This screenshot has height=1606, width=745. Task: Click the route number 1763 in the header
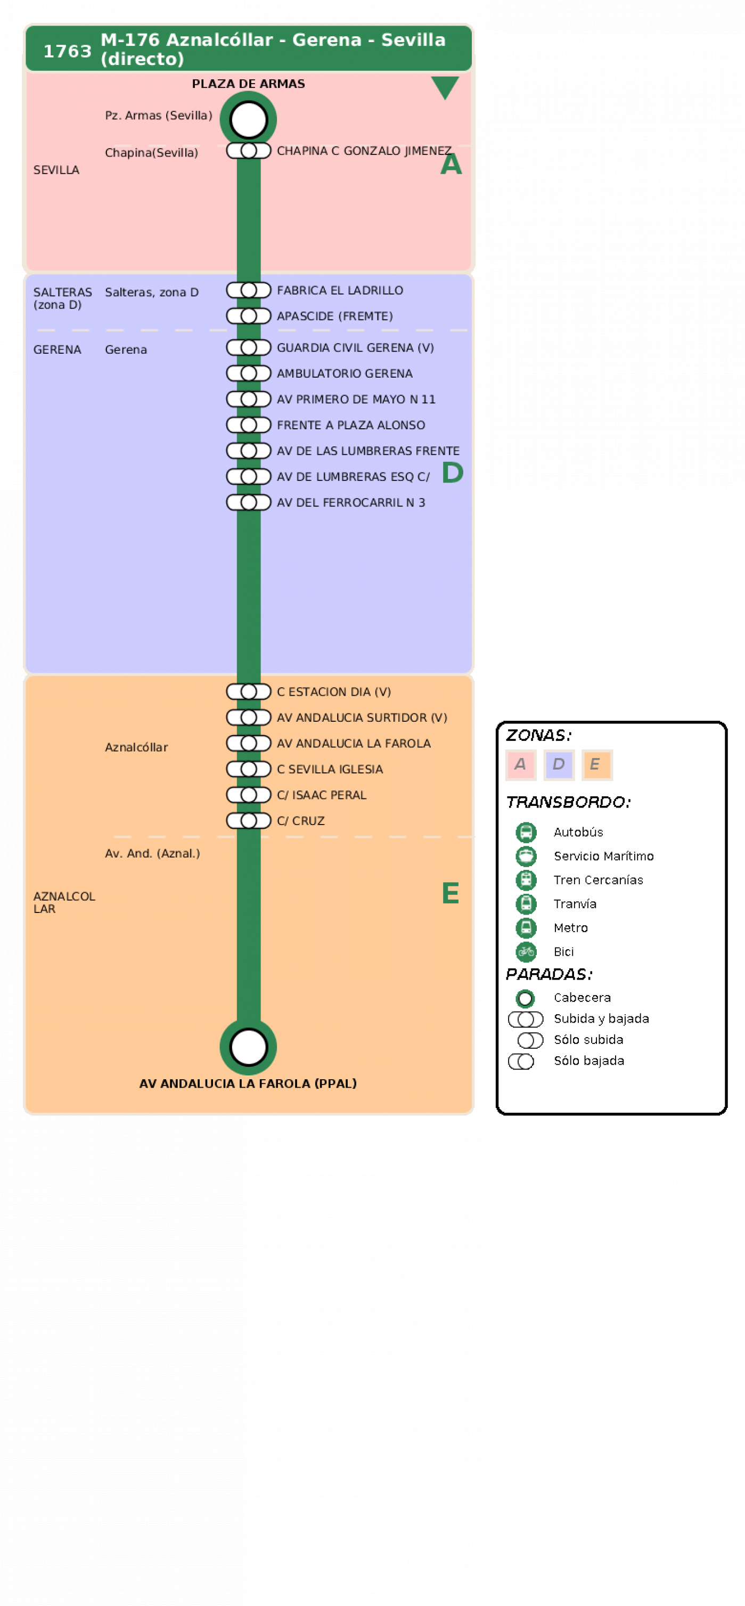[x=67, y=51]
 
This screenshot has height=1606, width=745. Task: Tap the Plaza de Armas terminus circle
[x=248, y=120]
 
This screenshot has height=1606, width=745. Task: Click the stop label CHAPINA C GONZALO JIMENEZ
[x=364, y=151]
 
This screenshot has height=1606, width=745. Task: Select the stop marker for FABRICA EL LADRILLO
[x=248, y=290]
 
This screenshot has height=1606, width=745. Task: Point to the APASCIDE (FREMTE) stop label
[x=335, y=316]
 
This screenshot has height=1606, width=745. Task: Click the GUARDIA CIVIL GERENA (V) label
[x=355, y=348]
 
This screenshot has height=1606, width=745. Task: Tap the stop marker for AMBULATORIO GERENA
[x=248, y=373]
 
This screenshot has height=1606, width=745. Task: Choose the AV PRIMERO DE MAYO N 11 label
[x=356, y=400]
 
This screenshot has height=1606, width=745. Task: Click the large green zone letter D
[x=453, y=472]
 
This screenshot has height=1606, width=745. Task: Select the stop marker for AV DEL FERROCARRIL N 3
[x=248, y=502]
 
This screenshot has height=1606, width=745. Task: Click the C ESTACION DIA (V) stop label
[x=333, y=692]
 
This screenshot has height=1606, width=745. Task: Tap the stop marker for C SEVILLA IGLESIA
[x=248, y=769]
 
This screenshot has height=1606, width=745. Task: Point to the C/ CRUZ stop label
[x=300, y=821]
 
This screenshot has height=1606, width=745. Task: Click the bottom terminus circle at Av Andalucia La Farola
[x=248, y=1047]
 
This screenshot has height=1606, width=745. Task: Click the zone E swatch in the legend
[x=596, y=765]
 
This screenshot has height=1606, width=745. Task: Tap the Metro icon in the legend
[x=526, y=928]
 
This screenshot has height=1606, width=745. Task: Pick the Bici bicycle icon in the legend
[x=526, y=952]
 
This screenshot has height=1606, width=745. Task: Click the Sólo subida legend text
[x=588, y=1040]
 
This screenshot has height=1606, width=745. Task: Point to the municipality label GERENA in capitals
[x=58, y=350]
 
